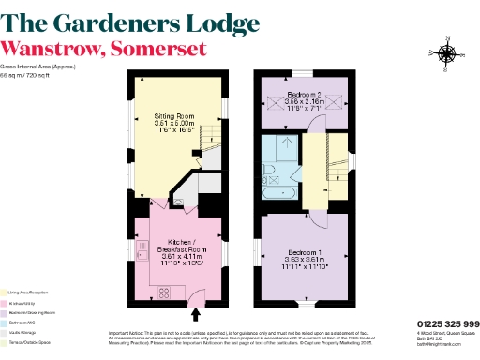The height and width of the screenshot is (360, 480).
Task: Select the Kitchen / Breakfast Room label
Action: tap(179, 247)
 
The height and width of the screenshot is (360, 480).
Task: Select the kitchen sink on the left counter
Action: tap(142, 249)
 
